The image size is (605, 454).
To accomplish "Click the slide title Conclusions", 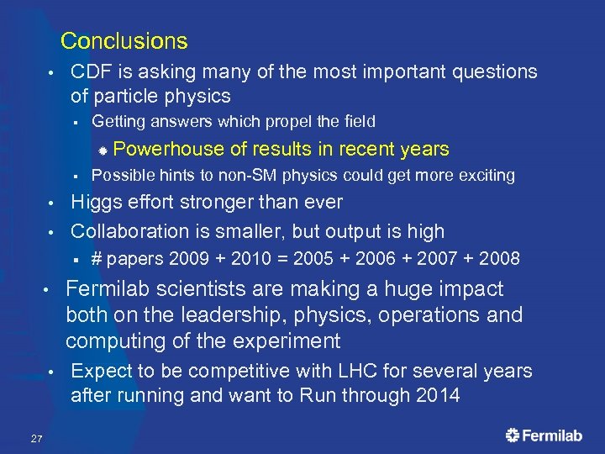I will [x=124, y=40].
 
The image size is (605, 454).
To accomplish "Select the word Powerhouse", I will [x=168, y=150].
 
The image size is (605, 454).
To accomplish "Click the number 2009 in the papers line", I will [x=190, y=258].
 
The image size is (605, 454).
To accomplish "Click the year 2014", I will [x=437, y=396].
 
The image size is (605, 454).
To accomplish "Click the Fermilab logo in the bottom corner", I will [x=544, y=435].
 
